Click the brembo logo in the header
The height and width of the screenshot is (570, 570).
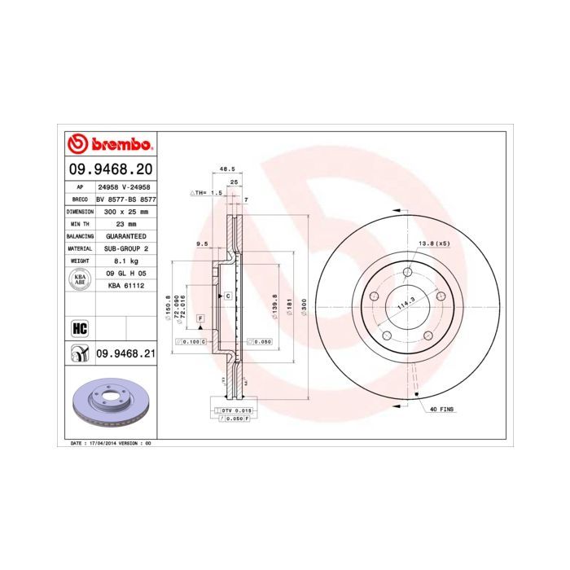[x=109, y=145]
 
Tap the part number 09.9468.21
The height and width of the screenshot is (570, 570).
[x=125, y=353]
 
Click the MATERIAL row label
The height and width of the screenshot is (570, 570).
[x=80, y=248]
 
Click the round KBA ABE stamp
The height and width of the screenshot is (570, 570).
[x=80, y=280]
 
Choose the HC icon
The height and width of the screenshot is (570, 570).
[x=80, y=327]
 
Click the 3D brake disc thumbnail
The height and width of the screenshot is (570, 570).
[x=109, y=405]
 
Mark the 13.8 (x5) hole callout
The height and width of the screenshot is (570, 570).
[x=434, y=244]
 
